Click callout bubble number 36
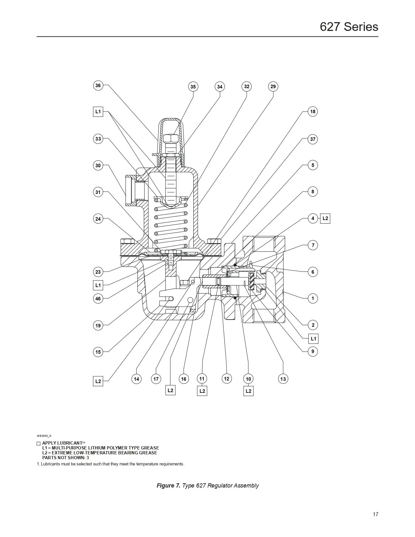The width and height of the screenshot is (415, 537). [x=98, y=86]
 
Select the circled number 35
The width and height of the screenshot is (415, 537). [x=193, y=87]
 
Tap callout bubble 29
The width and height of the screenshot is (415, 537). [x=273, y=86]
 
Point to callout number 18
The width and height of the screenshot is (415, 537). [x=313, y=112]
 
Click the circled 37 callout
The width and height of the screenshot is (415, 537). [x=313, y=139]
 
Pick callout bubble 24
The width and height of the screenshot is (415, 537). [x=98, y=219]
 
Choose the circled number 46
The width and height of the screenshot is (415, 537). [x=98, y=298]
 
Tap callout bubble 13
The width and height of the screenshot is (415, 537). [x=283, y=379]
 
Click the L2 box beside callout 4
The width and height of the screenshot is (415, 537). [x=325, y=218]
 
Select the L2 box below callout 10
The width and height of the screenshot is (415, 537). [x=248, y=391]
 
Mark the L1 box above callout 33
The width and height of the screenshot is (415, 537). [x=98, y=112]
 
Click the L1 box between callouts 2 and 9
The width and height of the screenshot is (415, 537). [x=313, y=339]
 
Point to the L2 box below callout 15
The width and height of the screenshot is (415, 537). [x=98, y=381]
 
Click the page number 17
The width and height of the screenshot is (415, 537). [x=375, y=514]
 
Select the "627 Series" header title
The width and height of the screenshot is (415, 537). [x=349, y=27]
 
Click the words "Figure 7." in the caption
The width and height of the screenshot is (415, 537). [x=168, y=486]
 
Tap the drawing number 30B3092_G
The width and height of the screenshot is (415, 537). [x=44, y=435]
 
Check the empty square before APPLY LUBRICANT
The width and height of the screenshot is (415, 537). [x=38, y=443]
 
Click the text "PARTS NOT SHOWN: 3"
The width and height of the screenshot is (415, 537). [x=65, y=458]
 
